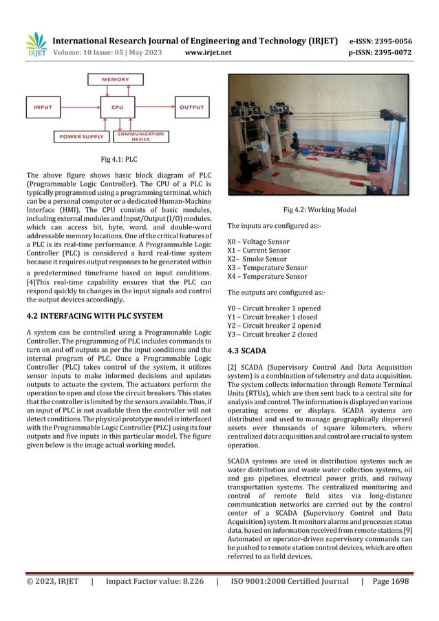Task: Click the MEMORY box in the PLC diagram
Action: point(116,80)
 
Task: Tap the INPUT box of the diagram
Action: point(43,107)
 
